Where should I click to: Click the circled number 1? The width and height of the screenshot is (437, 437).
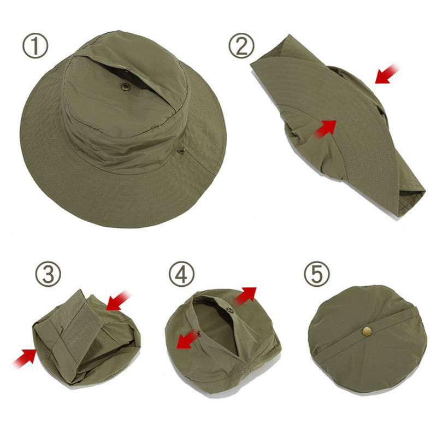click(36, 46)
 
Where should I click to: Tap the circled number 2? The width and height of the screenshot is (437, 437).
click(241, 45)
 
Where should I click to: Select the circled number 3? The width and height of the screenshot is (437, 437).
click(48, 274)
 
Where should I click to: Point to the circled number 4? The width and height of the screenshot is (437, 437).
click(182, 274)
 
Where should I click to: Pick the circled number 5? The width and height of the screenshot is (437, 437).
click(317, 274)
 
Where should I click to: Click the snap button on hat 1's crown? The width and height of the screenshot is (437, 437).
click(126, 87)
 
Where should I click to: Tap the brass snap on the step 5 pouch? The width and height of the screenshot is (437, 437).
click(367, 332)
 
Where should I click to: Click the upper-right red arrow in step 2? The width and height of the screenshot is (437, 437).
click(387, 74)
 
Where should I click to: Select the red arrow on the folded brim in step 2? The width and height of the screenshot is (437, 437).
click(325, 129)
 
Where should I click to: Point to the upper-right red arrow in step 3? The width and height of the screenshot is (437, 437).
click(118, 300)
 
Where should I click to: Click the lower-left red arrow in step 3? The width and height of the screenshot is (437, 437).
click(25, 358)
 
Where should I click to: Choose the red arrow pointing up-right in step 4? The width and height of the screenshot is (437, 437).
click(245, 296)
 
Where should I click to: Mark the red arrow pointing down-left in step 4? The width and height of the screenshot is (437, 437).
click(188, 339)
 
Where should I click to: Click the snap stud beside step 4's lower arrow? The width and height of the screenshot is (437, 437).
click(199, 333)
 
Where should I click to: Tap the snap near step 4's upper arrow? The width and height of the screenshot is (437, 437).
click(230, 310)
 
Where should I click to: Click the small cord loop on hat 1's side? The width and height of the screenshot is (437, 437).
click(181, 151)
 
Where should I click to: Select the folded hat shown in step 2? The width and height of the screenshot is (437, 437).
click(338, 127)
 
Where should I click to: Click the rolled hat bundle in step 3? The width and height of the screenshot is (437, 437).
click(86, 338)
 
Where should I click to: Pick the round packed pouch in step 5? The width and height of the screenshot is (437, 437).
click(367, 339)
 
